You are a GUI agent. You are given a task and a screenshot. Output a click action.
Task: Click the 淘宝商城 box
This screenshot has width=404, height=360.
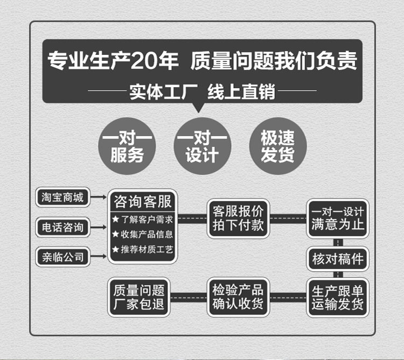[x=63, y=197]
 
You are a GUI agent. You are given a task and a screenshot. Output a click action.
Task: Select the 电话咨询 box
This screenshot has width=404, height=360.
[x=63, y=227]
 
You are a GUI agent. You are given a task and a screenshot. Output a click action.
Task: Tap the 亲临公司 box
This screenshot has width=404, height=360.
[x=63, y=257]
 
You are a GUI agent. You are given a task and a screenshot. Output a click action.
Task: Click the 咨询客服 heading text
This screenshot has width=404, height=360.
[x=143, y=202]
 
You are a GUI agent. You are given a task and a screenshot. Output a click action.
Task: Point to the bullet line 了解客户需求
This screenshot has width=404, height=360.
[x=143, y=219]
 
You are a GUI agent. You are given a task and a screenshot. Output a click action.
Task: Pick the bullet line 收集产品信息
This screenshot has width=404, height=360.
[x=143, y=234]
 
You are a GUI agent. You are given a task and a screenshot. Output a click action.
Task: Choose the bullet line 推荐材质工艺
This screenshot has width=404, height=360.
[x=143, y=250]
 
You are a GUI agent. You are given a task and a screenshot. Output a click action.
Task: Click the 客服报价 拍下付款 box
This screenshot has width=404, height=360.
[x=238, y=218]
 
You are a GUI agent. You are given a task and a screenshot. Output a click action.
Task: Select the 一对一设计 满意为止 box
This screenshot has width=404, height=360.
[x=337, y=218]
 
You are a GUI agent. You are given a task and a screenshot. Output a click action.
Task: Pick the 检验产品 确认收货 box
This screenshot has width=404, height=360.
[x=238, y=297]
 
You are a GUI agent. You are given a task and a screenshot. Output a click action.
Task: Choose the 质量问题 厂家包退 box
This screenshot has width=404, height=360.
[x=138, y=297]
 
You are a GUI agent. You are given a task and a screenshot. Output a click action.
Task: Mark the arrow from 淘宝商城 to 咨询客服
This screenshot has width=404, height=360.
[x=99, y=198]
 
